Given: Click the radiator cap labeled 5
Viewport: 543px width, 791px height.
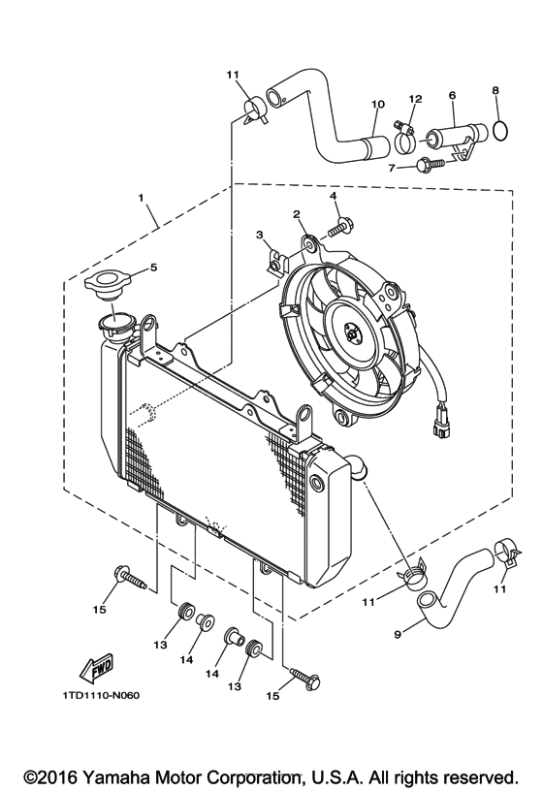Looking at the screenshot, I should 107,287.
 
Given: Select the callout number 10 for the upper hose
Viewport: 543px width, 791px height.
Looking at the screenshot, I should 377,104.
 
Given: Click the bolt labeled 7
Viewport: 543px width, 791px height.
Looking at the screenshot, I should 431,166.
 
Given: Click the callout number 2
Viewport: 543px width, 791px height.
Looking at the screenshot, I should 297,213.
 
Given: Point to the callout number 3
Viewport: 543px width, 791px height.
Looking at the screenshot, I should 260,235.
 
